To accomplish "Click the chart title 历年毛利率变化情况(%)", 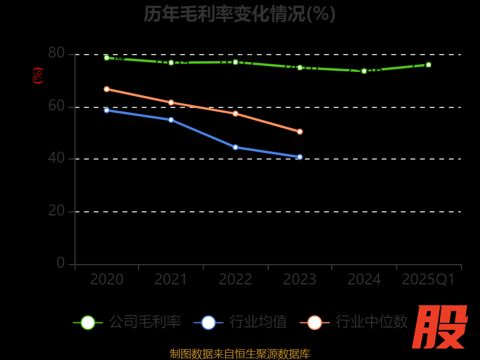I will [x=239, y=13].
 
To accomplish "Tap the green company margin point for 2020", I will [x=107, y=58].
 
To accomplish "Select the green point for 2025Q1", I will [x=428, y=65].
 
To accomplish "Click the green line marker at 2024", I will [x=364, y=71].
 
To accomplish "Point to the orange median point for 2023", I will [x=300, y=131].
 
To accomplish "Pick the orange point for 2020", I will [x=107, y=89].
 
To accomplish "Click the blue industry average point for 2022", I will [x=235, y=147].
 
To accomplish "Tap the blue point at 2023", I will [x=300, y=157].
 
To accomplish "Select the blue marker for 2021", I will [x=171, y=120].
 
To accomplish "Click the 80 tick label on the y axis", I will [x=56, y=53].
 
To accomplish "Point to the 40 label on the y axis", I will [x=56, y=158].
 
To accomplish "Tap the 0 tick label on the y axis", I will [x=61, y=263].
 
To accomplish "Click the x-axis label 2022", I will [x=235, y=280].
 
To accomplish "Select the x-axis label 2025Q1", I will [x=428, y=280].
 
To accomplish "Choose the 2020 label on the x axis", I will [x=107, y=280].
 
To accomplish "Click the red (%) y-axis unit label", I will [x=38, y=76].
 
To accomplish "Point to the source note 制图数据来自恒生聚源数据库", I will [x=239, y=353].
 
